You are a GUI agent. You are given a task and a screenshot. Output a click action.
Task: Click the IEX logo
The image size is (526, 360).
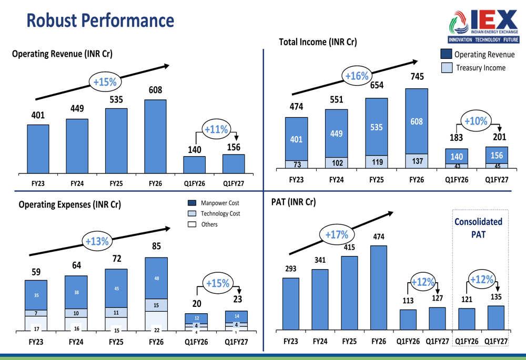(x=484, y=26)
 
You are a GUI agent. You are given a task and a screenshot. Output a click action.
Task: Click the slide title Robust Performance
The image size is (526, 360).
(x=100, y=20)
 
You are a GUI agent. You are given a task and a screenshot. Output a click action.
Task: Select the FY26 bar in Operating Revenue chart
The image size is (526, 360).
(x=155, y=137)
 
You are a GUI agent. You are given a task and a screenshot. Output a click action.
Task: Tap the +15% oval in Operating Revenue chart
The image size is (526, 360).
(x=105, y=82)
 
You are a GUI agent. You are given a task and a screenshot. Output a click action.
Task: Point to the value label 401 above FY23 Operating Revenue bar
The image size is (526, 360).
(x=38, y=115)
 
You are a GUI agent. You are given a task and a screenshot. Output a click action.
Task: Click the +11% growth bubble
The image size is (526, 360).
(x=216, y=129)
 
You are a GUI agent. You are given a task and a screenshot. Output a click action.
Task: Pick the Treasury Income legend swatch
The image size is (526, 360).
(x=447, y=68)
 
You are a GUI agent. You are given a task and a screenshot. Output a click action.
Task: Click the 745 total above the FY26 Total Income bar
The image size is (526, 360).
(x=417, y=76)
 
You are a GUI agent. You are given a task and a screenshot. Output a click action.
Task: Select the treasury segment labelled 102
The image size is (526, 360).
(x=337, y=162)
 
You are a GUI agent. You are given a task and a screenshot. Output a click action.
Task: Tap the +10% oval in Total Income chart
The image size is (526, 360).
(x=476, y=121)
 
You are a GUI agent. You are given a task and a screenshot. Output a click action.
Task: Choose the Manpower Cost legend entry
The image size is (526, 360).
(x=214, y=203)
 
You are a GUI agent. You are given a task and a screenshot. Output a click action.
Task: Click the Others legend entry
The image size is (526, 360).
(x=203, y=224)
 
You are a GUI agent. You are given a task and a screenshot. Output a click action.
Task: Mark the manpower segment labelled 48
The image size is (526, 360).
(x=156, y=278)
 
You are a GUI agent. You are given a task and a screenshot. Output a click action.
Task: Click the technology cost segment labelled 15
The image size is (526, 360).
(x=156, y=305)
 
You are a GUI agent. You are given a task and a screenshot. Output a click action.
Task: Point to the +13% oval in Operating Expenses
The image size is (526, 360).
(x=97, y=241)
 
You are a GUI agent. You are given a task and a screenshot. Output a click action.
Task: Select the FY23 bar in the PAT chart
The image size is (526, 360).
(x=291, y=304)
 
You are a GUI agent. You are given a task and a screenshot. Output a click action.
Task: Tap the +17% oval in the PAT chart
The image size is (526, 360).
(x=337, y=234)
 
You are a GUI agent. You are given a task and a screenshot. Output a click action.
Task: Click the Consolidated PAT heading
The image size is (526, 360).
(x=478, y=228)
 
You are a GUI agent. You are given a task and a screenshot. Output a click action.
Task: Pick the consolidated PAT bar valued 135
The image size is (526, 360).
(x=496, y=318)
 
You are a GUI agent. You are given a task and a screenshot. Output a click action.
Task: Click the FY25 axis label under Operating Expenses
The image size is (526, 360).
(x=116, y=342)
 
